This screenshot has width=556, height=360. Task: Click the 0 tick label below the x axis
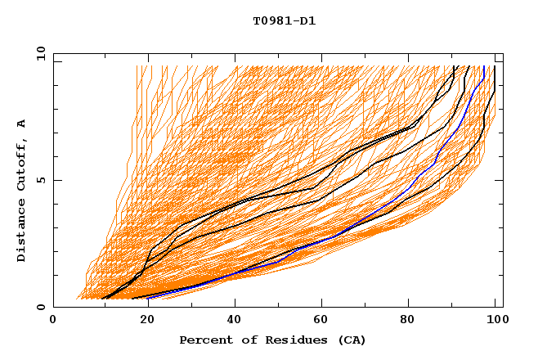pyautogui.click(x=53, y=320)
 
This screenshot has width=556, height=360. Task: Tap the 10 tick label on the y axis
pyautogui.click(x=38, y=53)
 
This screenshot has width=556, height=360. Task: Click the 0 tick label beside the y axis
pyautogui.click(x=42, y=307)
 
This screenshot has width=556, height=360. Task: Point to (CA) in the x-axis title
pyautogui.click(x=350, y=340)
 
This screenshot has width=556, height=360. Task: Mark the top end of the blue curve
pyautogui.click(x=484, y=66)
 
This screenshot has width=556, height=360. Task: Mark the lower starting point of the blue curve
pyautogui.click(x=148, y=298)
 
